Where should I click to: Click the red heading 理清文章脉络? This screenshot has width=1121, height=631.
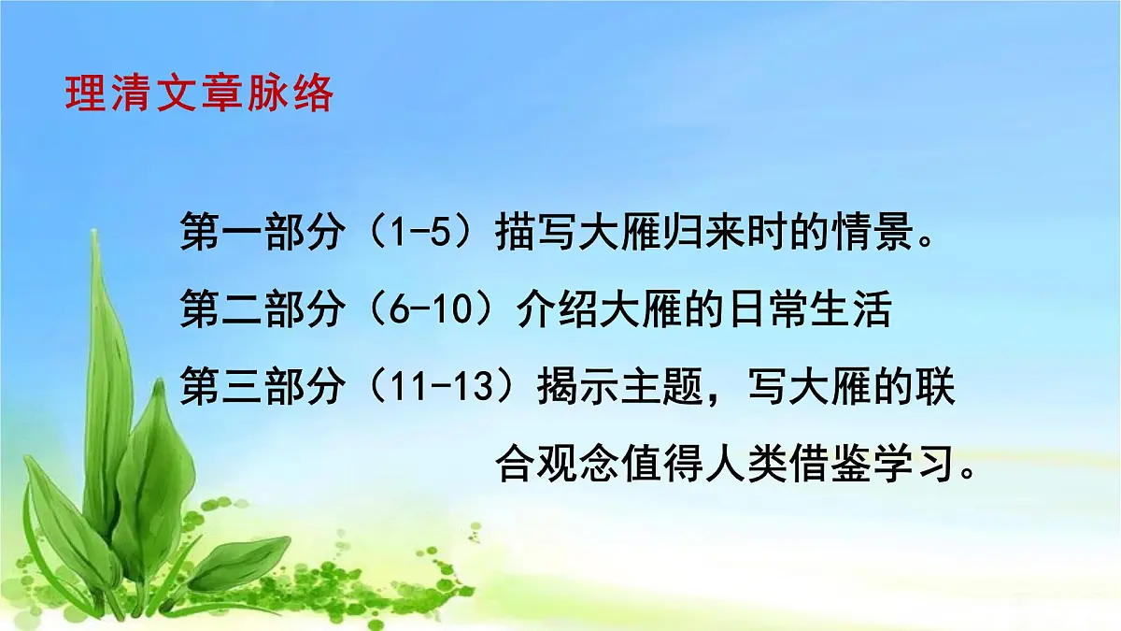[x=199, y=93]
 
